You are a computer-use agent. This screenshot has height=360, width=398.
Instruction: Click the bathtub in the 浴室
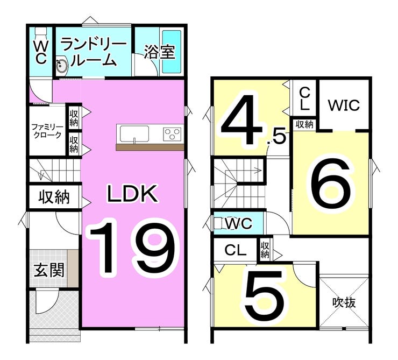172,52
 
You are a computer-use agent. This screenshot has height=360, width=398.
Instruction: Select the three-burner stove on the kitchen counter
173,133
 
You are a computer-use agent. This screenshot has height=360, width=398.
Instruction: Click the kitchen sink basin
134,134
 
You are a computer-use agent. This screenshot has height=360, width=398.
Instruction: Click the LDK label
132,194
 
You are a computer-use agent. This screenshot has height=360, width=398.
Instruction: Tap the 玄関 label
49,270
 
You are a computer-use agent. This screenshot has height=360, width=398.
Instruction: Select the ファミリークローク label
47,131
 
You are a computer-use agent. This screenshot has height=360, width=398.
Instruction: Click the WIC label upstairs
344,105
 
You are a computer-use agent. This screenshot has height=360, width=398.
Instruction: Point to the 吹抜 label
344,302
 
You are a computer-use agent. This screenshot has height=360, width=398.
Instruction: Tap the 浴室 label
159,52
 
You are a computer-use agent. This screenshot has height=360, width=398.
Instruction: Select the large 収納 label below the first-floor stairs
54,197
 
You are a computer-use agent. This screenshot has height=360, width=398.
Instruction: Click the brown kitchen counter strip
150,147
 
